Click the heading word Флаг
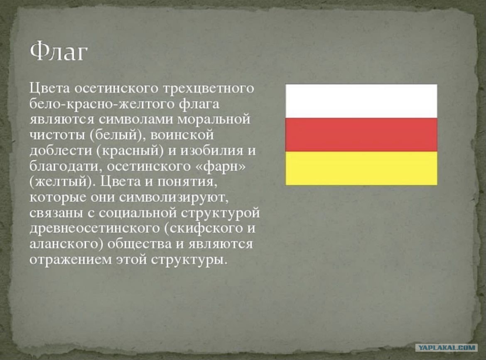[59, 52]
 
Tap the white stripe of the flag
[361, 101]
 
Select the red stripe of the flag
[361, 135]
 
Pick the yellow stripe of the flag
[361, 168]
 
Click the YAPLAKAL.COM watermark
[446, 348]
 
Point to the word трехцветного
[208, 88]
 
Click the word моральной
[214, 120]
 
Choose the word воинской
[182, 135]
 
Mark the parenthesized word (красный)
[130, 151]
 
